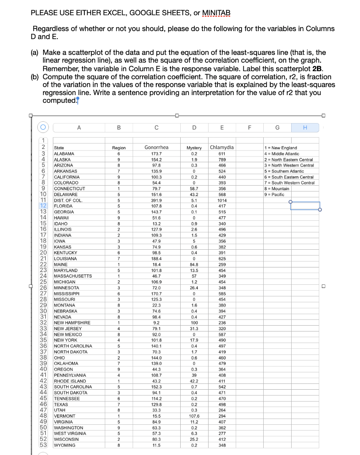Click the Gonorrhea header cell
pyautogui.click(x=157, y=148)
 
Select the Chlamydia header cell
pyautogui.click(x=222, y=148)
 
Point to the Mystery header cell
pyautogui.click(x=193, y=148)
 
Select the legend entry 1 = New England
pyautogui.click(x=281, y=148)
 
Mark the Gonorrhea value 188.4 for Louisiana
pyautogui.click(x=157, y=259)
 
